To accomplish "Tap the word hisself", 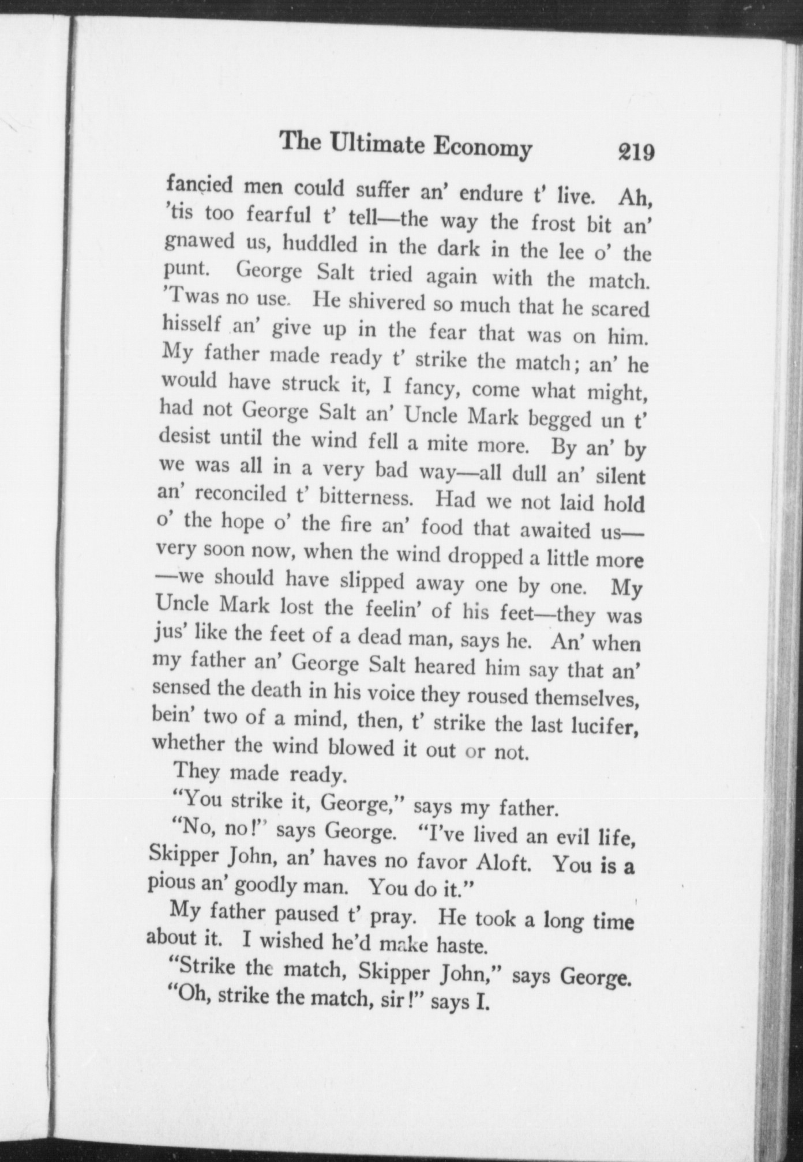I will [192, 325].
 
